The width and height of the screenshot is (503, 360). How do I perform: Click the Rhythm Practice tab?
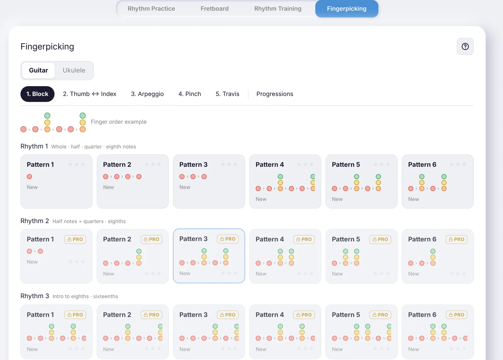click(x=151, y=8)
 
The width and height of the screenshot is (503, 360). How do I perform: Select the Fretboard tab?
click(x=214, y=8)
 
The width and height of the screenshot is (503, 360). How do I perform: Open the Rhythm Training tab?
click(x=278, y=8)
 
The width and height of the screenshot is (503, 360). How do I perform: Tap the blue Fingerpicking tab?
click(x=346, y=8)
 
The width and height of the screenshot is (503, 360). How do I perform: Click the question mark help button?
click(x=465, y=47)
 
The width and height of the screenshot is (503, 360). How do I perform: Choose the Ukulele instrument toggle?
click(x=74, y=70)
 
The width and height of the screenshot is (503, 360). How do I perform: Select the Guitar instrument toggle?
click(x=38, y=70)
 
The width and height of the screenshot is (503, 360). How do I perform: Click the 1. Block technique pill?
click(x=37, y=94)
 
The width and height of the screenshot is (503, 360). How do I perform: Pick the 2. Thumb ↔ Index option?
click(x=90, y=94)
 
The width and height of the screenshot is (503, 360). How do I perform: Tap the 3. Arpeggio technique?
click(x=147, y=94)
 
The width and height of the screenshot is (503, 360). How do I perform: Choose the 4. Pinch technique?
click(x=190, y=94)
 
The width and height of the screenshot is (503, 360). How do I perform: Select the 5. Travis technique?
click(x=228, y=94)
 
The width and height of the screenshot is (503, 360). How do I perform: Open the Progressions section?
click(x=275, y=94)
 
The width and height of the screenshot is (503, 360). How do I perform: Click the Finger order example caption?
click(x=119, y=122)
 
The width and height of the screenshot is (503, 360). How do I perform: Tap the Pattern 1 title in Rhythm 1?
click(x=40, y=165)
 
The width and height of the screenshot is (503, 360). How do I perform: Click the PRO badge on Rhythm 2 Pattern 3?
click(x=228, y=239)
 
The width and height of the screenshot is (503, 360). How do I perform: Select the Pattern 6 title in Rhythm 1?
click(x=422, y=165)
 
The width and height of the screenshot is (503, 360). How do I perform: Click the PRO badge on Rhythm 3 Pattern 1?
click(x=75, y=315)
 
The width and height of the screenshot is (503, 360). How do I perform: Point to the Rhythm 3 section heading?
click(x=35, y=296)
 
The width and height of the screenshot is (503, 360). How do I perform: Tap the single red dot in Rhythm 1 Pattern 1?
click(x=30, y=177)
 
